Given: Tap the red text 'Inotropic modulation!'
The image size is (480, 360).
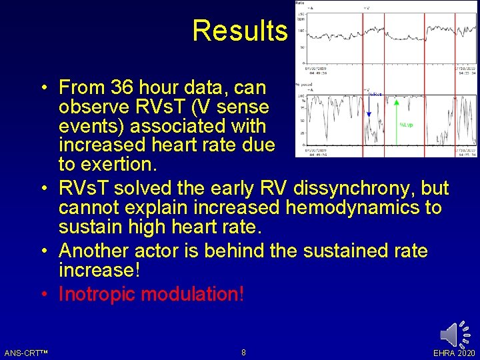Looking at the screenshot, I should (x=151, y=294).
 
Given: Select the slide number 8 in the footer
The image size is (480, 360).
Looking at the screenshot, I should (x=243, y=352).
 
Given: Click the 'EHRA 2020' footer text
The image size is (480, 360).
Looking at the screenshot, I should (x=454, y=353).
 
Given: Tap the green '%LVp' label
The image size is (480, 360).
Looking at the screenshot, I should (x=407, y=124).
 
